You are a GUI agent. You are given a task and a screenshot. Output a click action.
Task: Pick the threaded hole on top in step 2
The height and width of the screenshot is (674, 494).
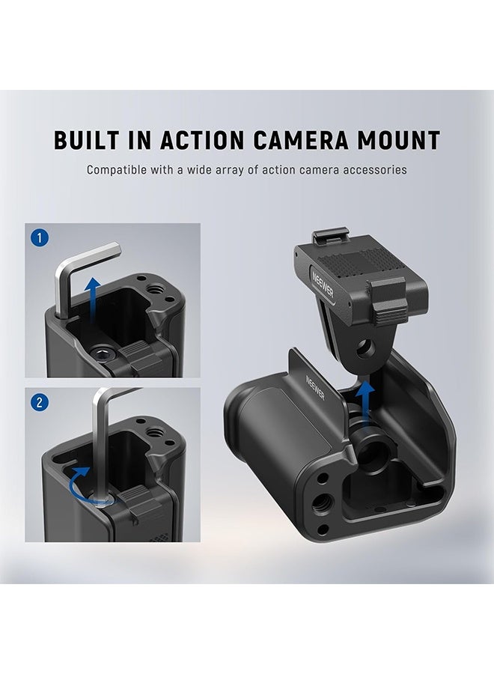tap(157, 449)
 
